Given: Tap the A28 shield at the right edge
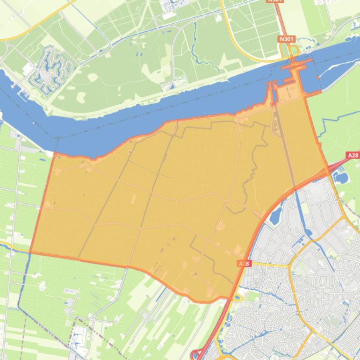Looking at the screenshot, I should pyautogui.click(x=353, y=155).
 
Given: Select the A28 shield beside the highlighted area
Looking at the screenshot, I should pyautogui.click(x=244, y=264).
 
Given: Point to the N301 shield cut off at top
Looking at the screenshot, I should pyautogui.click(x=275, y=1).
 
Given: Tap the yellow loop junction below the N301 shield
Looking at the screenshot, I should pyautogui.click(x=294, y=50).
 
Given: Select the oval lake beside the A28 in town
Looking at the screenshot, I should pyautogui.click(x=275, y=215).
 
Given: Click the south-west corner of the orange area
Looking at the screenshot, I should pyautogui.click(x=30, y=253).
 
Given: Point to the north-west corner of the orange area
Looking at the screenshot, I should pyautogui.click(x=55, y=153).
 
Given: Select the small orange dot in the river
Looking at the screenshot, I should pyautogui.click(x=317, y=77).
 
